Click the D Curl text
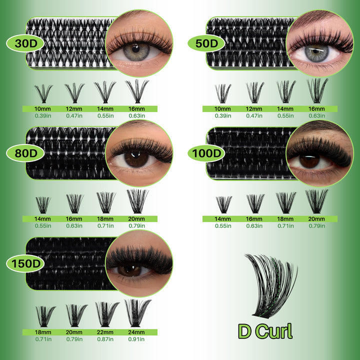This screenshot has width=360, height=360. click(265, 330)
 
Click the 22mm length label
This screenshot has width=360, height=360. click(105, 332)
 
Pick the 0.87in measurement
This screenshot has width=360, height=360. click(105, 339)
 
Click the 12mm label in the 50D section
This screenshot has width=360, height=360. click(254, 108)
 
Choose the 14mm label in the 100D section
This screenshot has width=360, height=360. click(223, 218)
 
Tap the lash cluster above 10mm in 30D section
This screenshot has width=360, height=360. click(43, 93)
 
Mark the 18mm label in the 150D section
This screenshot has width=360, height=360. click(44, 332)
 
